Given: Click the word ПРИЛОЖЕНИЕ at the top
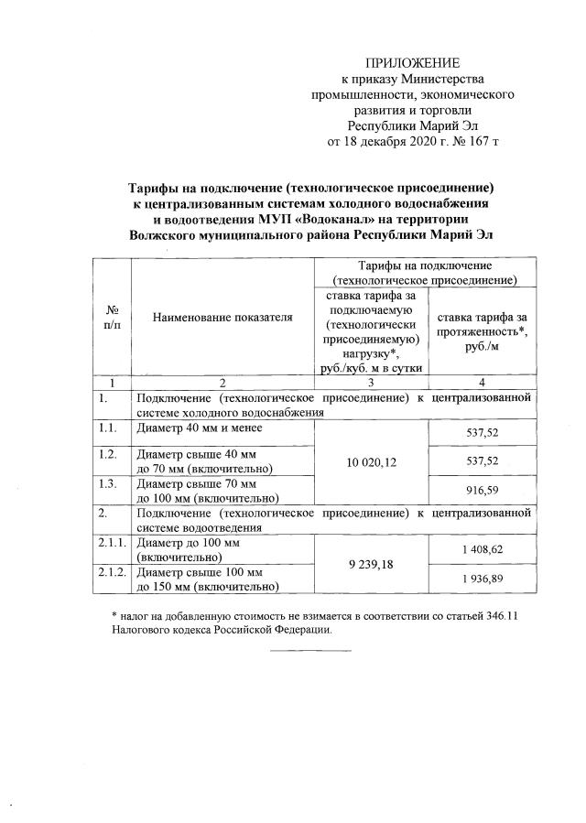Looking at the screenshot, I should [412, 63].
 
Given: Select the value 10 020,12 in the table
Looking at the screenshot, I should [372, 463].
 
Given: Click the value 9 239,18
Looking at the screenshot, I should [372, 566].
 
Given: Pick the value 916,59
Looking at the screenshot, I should [482, 491].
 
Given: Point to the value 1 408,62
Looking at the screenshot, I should [482, 549].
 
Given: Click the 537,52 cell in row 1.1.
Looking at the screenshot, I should [482, 428].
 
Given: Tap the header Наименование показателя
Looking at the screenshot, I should [222, 317].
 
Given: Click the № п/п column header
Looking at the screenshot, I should [113, 318].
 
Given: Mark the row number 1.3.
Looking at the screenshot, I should [109, 483].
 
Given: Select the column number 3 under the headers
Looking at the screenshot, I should [372, 383].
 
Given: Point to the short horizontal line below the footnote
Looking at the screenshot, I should [311, 651].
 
